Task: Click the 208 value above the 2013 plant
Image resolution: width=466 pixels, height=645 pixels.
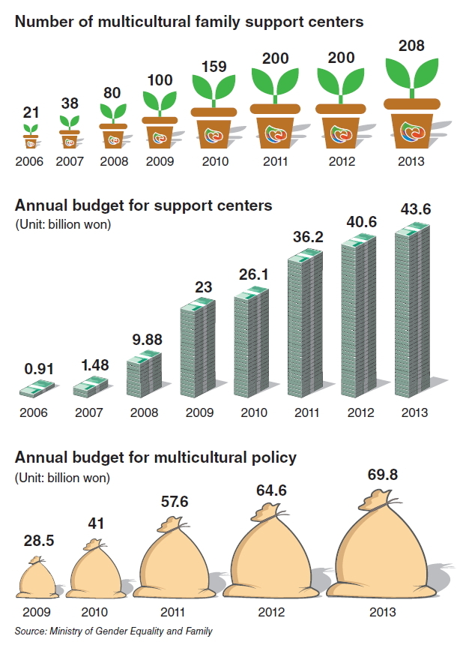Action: tap(411, 46)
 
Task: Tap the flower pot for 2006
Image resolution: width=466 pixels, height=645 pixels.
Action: tap(31, 142)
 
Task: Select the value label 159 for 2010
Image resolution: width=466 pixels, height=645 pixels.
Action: tap(214, 67)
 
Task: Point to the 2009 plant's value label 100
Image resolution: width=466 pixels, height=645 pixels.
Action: tap(160, 80)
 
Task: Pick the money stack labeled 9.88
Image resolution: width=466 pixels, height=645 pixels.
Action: tap(144, 374)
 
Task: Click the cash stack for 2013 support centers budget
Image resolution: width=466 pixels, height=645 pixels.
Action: tap(412, 310)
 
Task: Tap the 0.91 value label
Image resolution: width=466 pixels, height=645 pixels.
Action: tap(39, 369)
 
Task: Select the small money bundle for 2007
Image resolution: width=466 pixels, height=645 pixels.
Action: tap(91, 387)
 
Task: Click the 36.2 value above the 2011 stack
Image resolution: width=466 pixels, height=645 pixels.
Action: tap(308, 237)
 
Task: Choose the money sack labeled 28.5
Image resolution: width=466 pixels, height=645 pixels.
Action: tap(37, 577)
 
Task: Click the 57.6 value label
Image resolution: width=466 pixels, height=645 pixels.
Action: tap(175, 502)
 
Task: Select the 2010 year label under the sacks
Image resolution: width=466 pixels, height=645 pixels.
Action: tap(94, 612)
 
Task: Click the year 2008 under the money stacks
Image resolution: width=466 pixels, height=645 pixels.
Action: tap(144, 412)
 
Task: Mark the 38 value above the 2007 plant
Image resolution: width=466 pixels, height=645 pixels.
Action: tap(70, 103)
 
